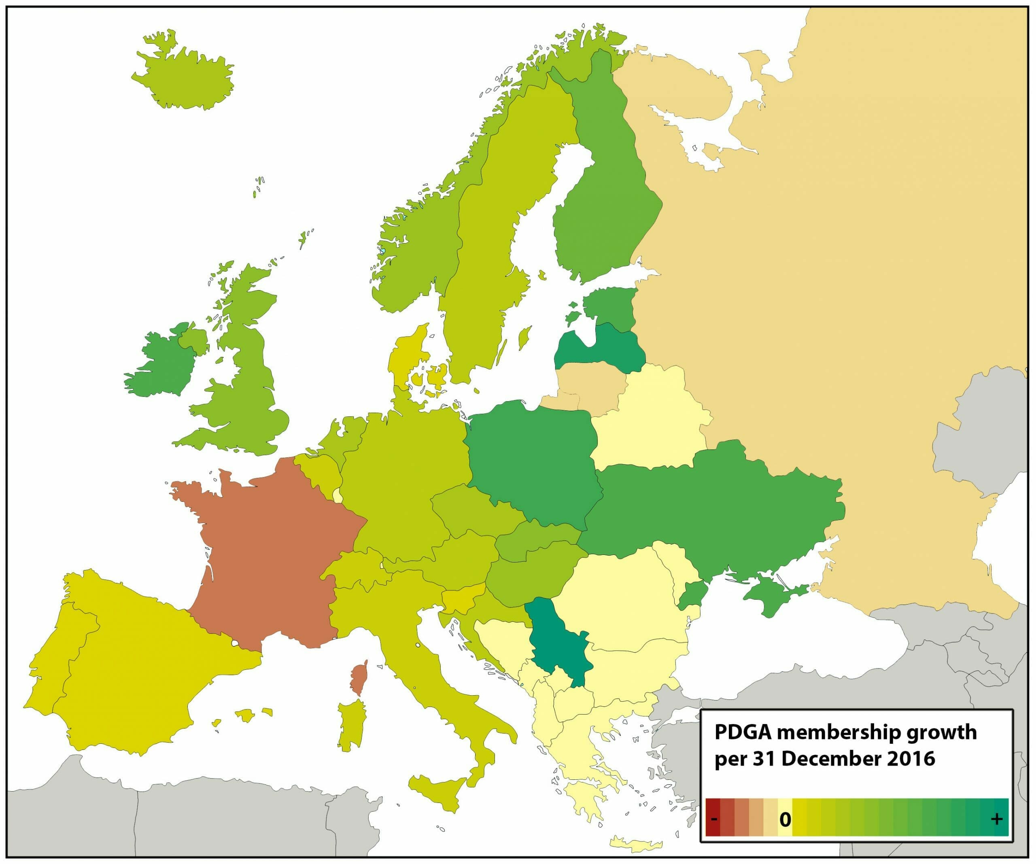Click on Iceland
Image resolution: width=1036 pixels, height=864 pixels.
click(183, 74)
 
